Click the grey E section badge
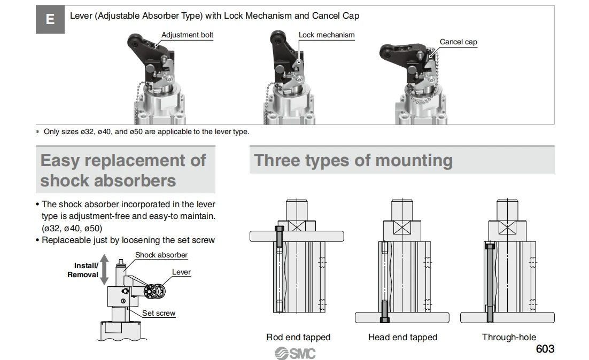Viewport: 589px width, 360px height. point(50,20)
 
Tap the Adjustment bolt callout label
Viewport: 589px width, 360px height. point(187,35)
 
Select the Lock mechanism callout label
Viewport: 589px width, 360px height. point(326,35)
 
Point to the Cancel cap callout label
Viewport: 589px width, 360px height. point(458,42)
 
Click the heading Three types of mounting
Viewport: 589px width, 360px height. point(353,160)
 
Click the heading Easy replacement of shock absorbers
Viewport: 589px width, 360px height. point(123,170)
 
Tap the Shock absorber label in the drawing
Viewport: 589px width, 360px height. point(161,255)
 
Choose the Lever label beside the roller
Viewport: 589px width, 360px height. point(181,272)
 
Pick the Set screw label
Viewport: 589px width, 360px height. point(159,314)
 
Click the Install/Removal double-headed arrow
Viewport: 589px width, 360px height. point(104,270)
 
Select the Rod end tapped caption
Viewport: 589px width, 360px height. point(298,337)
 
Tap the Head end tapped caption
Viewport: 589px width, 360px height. point(402,337)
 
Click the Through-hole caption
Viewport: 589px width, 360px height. point(509,337)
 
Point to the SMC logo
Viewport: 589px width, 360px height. point(295,353)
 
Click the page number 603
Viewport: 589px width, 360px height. point(545,349)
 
